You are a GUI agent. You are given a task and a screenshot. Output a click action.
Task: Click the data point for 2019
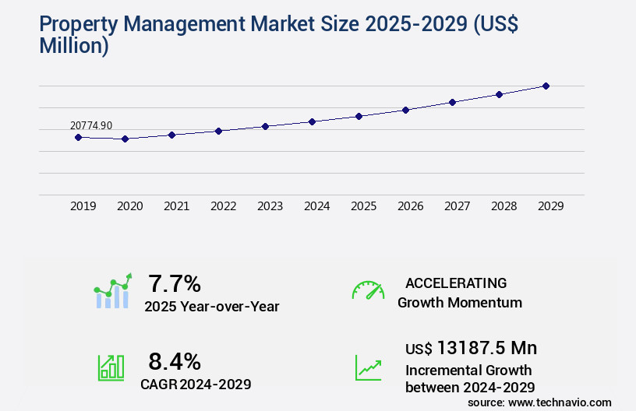tap(78, 137)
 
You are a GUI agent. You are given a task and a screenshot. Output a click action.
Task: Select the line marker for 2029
tap(546, 86)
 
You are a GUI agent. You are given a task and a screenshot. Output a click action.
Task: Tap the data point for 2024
tap(312, 121)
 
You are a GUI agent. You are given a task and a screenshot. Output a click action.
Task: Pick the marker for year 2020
tap(125, 139)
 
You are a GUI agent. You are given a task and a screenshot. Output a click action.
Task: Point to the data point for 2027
tap(452, 102)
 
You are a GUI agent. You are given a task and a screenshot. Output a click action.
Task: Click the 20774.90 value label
tap(91, 125)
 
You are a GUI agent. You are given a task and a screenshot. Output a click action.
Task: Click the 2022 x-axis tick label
tap(223, 206)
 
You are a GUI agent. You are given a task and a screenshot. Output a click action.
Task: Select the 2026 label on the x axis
tap(410, 206)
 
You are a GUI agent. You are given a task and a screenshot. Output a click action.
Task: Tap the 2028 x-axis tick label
tap(503, 206)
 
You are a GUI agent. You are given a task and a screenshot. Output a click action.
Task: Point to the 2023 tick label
tap(270, 206)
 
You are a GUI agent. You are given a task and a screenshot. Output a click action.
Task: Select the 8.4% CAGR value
tap(175, 361)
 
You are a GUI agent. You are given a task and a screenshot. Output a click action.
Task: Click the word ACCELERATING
tap(456, 283)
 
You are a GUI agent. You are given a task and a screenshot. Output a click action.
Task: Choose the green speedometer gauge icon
tap(368, 290)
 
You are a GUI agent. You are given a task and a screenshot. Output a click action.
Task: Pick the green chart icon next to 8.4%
tap(111, 367)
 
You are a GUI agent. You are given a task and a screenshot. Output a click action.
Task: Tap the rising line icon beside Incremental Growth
tap(368, 367)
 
